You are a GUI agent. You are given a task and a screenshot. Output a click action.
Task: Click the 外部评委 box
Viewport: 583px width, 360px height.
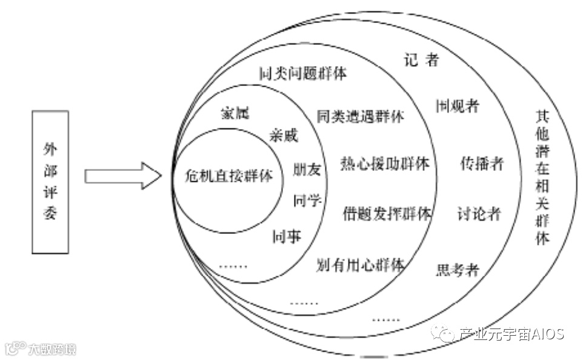pos(50,182)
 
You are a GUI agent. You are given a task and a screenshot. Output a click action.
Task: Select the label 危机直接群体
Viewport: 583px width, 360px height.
pos(228,176)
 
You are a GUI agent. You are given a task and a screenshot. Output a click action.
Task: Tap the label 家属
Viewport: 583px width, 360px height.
pos(235,113)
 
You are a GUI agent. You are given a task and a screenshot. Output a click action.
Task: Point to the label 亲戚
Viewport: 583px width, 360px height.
pos(284,136)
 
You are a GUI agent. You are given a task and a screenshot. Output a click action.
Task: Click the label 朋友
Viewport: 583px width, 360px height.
pos(307,170)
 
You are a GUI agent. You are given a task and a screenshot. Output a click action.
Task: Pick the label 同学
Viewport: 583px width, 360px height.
pos(307,201)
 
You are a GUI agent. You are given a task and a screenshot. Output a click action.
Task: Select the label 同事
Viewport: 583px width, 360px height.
pos(287,236)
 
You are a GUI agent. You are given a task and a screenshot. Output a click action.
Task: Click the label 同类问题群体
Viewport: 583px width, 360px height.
pos(302,74)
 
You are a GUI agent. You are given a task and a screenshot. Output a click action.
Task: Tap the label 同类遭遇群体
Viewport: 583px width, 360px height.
pos(360,116)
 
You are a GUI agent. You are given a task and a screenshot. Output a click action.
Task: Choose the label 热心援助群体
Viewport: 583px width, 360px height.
pos(385,164)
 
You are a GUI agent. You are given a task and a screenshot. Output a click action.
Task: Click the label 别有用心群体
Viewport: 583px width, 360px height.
pos(361,265)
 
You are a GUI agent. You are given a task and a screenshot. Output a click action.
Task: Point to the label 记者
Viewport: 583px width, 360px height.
pos(421,60)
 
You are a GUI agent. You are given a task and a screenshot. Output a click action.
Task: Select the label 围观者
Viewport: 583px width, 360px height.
pos(458,106)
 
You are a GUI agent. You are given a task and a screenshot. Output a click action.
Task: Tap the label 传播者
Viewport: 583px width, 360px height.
pos(482,164)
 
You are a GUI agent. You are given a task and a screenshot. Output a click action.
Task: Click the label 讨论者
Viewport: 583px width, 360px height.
pos(479,213)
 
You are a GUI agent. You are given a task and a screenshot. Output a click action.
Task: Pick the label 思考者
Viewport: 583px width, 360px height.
pos(458,270)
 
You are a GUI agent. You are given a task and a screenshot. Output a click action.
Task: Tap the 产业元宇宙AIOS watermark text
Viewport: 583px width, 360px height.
pos(511,334)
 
